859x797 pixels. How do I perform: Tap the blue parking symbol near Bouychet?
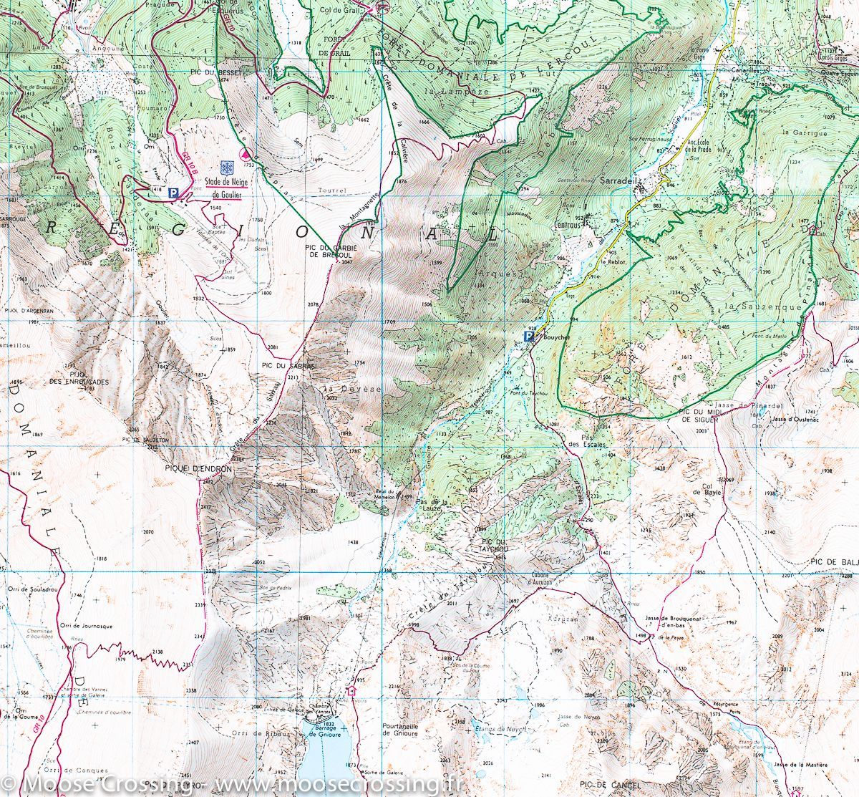tap(529, 337)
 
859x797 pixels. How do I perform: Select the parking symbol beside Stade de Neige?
tap(173, 193)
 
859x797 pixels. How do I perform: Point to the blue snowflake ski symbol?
tap(226, 168)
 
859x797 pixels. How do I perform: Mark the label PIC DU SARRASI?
tap(284, 366)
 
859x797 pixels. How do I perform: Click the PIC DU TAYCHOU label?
tap(494, 546)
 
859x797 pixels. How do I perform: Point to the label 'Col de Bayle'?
tap(705, 489)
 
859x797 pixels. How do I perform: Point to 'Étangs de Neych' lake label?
tap(500, 728)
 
